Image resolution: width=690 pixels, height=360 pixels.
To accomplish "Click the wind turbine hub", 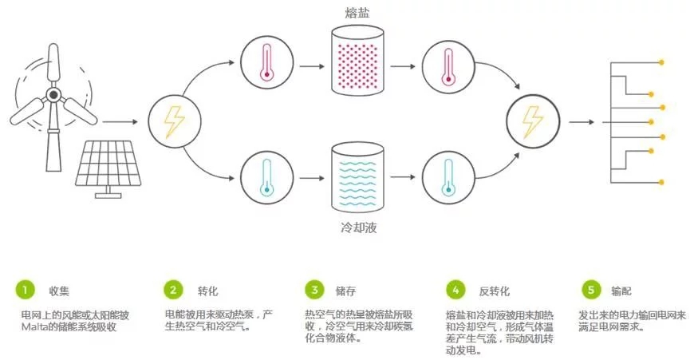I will tap(53, 94).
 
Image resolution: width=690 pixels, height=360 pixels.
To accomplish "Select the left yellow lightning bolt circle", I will tap(172, 122).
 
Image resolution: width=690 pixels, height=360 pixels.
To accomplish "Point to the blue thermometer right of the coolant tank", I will tap(444, 178).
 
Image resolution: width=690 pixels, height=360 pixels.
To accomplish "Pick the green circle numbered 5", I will tap(590, 289).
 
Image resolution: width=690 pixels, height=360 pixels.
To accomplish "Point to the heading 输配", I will tap(622, 290).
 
